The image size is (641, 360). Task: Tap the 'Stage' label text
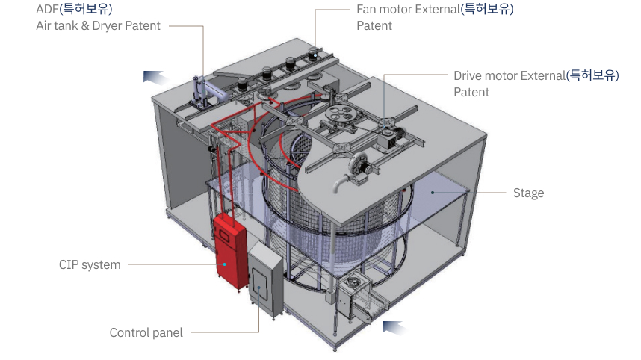[x=528, y=193]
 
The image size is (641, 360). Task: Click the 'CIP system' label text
[x=90, y=264]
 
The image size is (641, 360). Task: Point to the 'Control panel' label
[x=146, y=333]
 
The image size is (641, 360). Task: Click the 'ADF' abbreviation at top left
[x=47, y=10]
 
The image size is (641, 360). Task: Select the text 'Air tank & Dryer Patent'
[x=98, y=26]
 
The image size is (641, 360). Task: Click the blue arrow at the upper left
[x=154, y=76]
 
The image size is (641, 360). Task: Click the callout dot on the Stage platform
[x=433, y=192]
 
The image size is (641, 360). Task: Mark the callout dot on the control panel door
[x=259, y=288]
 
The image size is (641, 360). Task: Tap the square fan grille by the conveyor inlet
[x=354, y=284]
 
